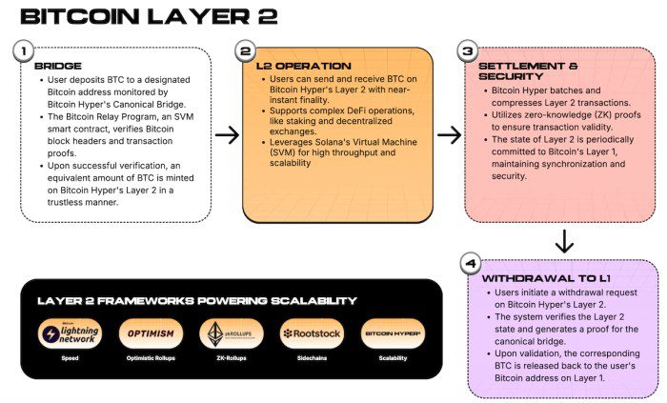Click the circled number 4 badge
[469, 261]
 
